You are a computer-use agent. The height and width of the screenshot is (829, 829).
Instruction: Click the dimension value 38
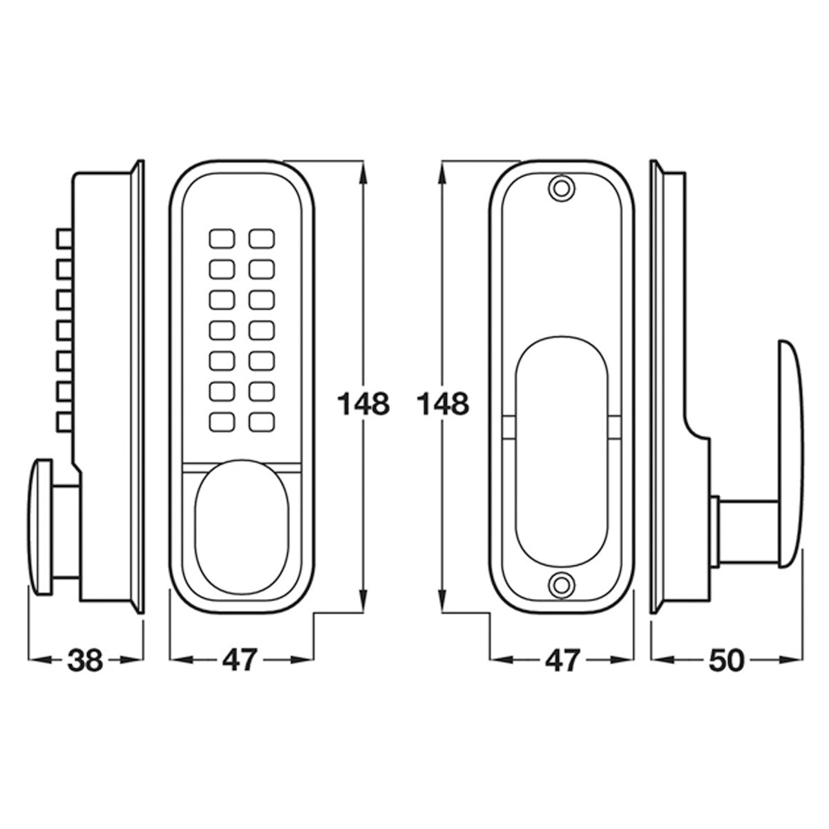pos(85,660)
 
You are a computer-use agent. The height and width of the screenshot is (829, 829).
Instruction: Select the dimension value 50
pos(726,660)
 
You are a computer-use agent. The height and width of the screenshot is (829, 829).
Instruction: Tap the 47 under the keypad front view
pos(240,660)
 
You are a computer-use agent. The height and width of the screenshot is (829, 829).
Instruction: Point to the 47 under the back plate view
pos(562,660)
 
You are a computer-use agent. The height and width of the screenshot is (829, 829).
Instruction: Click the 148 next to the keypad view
pos(363,404)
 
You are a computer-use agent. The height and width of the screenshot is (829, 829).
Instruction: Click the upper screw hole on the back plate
pos(561,188)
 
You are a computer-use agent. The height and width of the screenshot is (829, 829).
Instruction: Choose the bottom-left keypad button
pos(222,422)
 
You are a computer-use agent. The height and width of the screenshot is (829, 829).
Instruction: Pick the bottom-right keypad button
pos(262,422)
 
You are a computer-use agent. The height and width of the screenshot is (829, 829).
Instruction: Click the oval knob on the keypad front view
pos(242,527)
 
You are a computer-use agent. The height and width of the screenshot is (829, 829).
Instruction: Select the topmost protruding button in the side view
pos(64,239)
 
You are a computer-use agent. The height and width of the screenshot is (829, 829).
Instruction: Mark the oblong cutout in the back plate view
pos(562,452)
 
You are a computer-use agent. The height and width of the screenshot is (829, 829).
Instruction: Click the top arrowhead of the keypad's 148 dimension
pos(363,175)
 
